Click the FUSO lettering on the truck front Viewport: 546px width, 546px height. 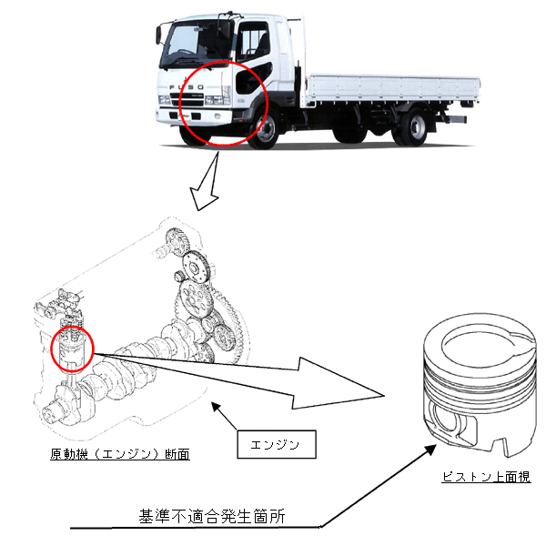[x=187, y=87]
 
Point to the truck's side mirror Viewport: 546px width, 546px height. [x=158, y=35]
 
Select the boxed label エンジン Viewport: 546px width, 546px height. [x=277, y=444]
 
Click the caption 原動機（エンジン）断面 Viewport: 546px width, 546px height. [x=120, y=454]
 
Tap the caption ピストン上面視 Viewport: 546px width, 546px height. [x=487, y=477]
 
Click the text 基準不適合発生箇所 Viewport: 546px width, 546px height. [x=212, y=516]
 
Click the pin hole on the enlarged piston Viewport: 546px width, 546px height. [x=444, y=421]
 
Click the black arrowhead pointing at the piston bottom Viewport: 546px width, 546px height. [x=430, y=450]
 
